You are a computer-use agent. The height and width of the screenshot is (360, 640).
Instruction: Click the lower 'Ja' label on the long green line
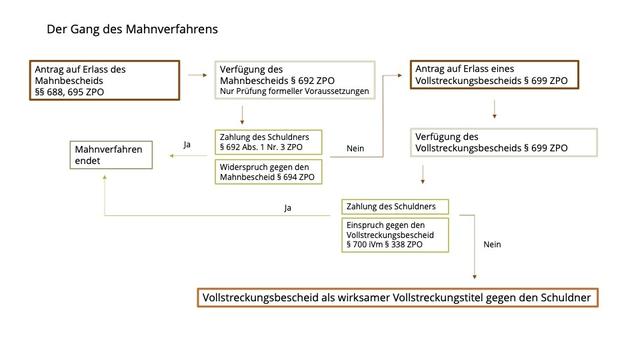tap(289, 209)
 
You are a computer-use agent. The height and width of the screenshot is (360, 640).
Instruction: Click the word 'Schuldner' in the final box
tap(561, 298)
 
